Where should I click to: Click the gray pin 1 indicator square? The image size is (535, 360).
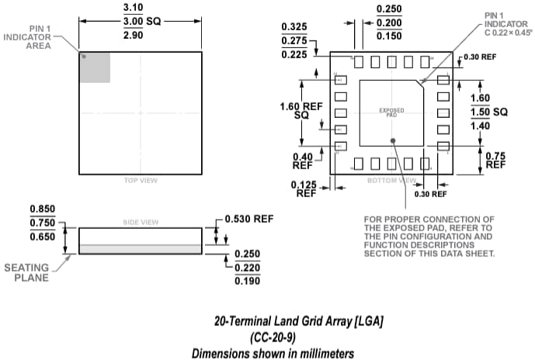point(95,67)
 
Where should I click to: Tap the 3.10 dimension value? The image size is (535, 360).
point(140,7)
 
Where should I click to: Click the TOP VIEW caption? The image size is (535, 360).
point(141,181)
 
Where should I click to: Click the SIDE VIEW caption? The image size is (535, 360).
point(141,222)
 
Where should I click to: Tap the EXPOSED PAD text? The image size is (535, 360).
point(391,112)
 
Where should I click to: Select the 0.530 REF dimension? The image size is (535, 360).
point(248,220)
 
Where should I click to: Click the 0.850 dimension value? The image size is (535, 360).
point(43,209)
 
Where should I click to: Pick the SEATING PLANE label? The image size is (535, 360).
point(27,273)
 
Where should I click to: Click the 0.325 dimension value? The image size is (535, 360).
point(294,26)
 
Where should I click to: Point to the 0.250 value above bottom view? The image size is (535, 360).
point(389,9)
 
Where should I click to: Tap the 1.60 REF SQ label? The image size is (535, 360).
point(301,111)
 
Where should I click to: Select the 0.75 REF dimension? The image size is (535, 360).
point(495,160)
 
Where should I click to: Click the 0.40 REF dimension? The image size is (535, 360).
point(302,161)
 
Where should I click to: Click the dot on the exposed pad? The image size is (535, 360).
point(394,140)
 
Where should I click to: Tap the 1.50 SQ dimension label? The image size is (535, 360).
point(489,112)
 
